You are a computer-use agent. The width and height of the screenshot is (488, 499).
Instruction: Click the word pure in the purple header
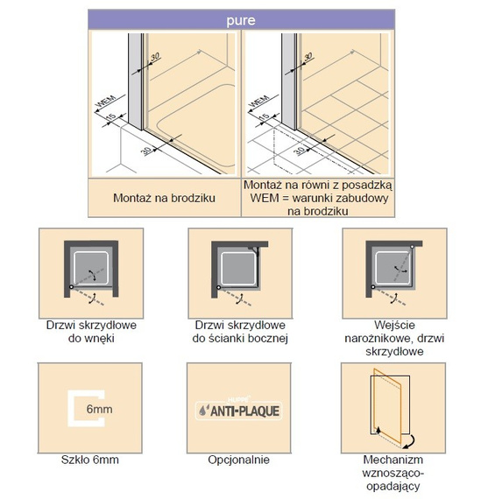(x=241, y=21)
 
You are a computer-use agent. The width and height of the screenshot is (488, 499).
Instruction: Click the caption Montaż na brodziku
(x=165, y=198)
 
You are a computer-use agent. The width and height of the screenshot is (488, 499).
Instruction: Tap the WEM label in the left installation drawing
(x=106, y=102)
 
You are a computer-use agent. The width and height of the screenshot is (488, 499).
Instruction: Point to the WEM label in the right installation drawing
(x=259, y=102)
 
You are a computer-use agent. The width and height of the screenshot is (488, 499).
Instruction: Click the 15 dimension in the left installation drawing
(x=111, y=116)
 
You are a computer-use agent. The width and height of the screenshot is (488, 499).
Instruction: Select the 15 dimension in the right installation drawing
(x=264, y=116)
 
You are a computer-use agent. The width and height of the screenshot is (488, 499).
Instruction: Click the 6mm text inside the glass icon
(x=99, y=409)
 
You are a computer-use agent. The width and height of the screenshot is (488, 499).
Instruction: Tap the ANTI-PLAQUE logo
(x=239, y=411)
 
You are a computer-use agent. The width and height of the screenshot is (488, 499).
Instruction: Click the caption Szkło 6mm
(x=90, y=460)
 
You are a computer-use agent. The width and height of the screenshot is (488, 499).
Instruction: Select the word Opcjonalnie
(x=238, y=460)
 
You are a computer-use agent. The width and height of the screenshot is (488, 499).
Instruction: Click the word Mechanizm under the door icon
(x=393, y=460)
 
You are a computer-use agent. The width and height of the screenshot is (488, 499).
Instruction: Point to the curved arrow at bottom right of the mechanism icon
(x=410, y=442)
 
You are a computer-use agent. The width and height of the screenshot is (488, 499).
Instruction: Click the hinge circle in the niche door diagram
(x=71, y=287)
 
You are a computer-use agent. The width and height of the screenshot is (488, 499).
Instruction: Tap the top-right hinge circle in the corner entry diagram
(x=412, y=246)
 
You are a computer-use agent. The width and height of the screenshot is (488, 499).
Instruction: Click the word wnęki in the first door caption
(x=100, y=338)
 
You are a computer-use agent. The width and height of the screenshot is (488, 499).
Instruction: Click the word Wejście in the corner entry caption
(x=394, y=325)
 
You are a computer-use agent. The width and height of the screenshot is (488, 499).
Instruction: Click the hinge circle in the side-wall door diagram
(x=218, y=287)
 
